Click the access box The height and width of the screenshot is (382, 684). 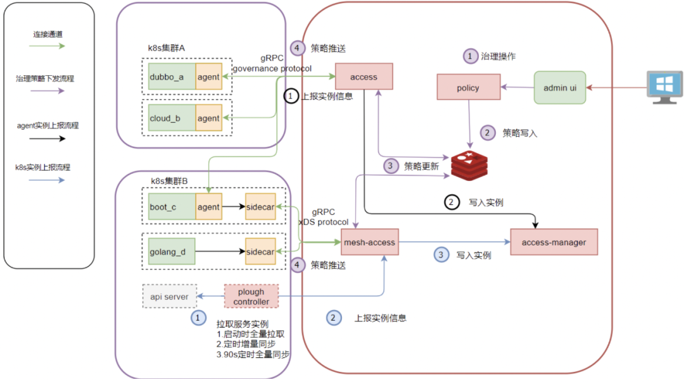pos(364,77)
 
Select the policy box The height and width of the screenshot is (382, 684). pos(469,87)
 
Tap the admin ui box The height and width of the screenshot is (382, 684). pos(560,87)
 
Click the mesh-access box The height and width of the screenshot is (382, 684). pos(369,242)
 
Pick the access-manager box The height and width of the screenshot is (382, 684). pos(554,242)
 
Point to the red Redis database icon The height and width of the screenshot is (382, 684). pos(469,166)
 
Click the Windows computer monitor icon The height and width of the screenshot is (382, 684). pos(664,87)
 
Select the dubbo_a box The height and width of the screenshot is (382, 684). pos(172,77)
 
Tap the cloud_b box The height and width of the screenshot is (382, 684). pos(172,118)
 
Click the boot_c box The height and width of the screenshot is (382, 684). pos(172,206)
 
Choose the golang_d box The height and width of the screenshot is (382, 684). pos(172,251)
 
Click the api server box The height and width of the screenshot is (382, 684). pos(169,297)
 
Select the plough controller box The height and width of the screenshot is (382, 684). pos(251,297)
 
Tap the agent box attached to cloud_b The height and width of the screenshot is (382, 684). pos(208,118)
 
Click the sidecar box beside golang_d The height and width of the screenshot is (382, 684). pos(260,251)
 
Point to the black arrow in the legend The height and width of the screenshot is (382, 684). pos(47,139)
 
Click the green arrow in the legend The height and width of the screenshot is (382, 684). pos(47,46)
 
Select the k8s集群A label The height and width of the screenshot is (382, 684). pos(166,48)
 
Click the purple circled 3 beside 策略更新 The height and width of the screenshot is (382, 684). pos(390,166)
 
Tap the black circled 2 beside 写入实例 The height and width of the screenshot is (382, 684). pos(452,202)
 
